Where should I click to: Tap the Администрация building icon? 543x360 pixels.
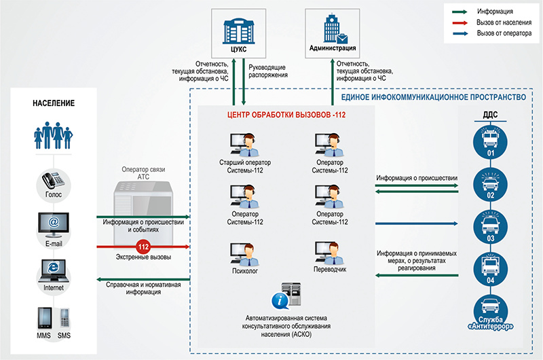332,29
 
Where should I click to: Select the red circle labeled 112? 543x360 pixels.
143,246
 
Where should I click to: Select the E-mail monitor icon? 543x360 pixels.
52,223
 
